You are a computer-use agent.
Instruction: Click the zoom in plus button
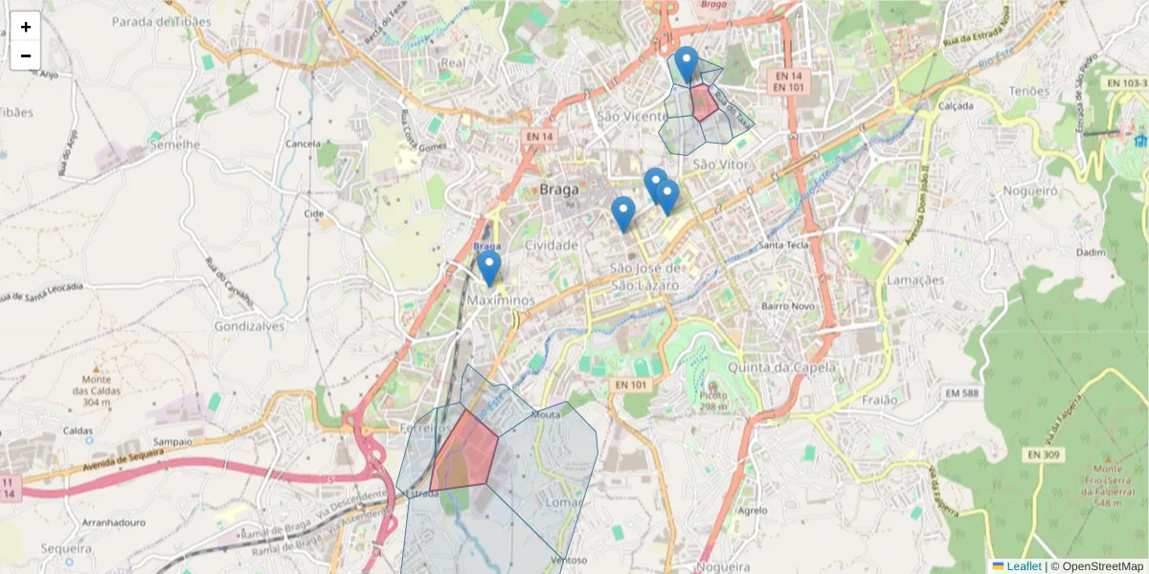26,27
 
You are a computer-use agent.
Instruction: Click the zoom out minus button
26,55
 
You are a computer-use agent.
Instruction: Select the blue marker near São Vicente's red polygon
686,64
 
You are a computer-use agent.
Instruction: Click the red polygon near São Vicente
704,102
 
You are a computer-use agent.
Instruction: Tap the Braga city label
559,189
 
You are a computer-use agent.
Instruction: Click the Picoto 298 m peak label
711,400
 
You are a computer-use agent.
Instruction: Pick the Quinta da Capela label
781,367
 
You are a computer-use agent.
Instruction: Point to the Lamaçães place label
915,280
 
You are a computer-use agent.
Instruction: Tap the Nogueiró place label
1029,190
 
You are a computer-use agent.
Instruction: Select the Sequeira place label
66,549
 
